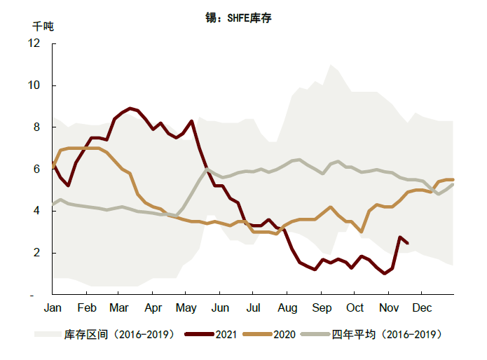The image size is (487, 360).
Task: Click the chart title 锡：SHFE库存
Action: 238,18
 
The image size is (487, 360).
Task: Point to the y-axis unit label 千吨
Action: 43,27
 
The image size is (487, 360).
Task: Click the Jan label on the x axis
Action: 53,308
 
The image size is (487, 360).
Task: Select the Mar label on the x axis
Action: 119,308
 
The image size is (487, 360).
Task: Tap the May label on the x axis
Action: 186,308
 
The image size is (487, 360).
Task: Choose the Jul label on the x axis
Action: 253,308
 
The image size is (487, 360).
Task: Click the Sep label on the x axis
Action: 322,308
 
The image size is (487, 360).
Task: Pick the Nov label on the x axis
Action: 388,308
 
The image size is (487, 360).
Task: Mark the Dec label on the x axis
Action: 421,308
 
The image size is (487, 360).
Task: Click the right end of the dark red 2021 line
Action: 408,243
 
